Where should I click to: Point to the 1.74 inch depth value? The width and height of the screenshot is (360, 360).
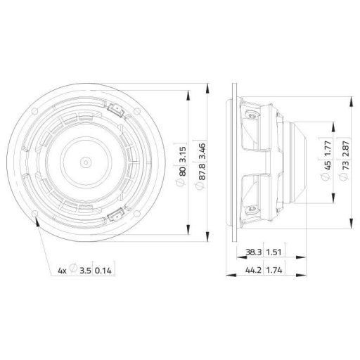(271, 269)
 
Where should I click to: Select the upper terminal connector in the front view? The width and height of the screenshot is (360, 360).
(115, 107)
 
